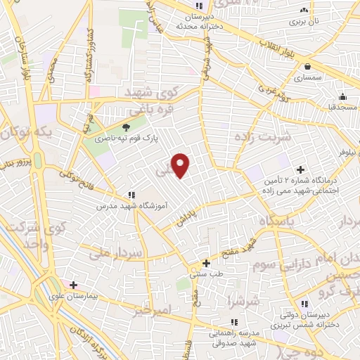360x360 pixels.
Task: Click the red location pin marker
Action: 181,165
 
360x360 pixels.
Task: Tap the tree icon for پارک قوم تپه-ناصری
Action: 127,127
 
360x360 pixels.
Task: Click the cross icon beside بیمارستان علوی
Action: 74,285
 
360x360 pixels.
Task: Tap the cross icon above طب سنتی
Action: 206,262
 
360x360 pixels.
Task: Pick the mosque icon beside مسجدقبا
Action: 342,96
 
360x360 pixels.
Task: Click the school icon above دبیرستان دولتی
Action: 304,304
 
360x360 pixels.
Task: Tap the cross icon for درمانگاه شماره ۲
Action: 301,169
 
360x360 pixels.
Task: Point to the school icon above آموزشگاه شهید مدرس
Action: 131,195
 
